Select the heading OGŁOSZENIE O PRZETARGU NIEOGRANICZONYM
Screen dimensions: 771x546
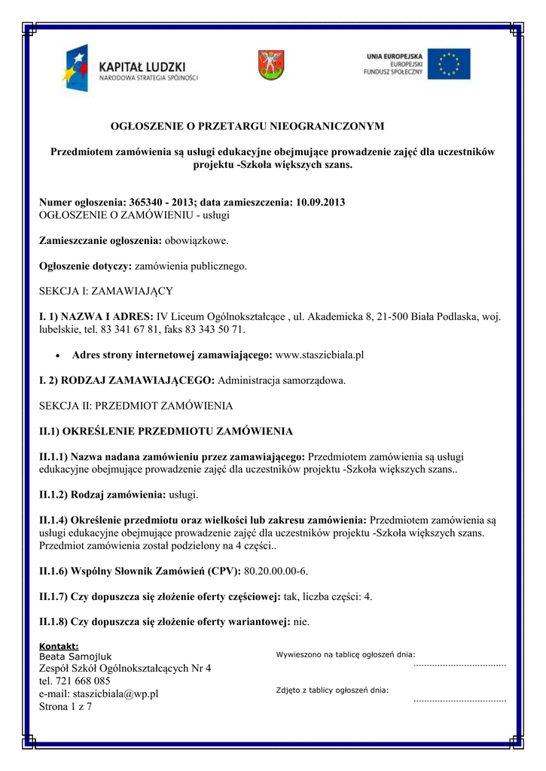[x=248, y=125]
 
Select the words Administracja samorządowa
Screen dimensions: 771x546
[x=282, y=380]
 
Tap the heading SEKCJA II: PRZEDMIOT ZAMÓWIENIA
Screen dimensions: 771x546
[x=136, y=406]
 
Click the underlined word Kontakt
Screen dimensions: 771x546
[x=59, y=646]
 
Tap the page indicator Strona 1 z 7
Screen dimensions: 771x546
[x=65, y=706]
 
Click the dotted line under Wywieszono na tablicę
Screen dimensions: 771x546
[x=459, y=665]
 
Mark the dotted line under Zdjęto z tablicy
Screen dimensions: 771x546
[x=459, y=699]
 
